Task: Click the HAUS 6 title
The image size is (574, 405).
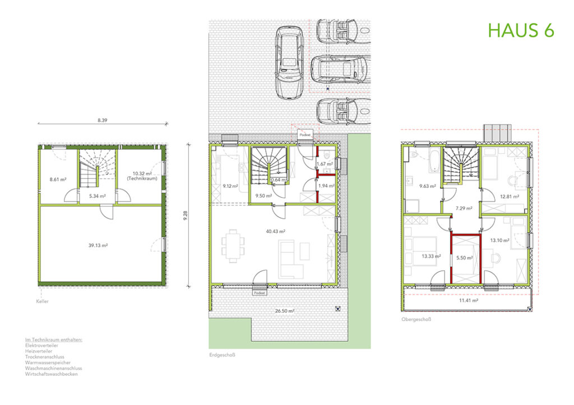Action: (x=521, y=30)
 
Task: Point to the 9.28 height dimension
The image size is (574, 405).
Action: (x=187, y=215)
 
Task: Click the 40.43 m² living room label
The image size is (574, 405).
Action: (x=276, y=230)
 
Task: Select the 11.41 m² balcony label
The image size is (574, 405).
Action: (x=466, y=300)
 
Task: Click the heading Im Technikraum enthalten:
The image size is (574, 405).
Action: (x=54, y=340)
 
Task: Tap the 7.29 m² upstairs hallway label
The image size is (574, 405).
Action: (x=464, y=208)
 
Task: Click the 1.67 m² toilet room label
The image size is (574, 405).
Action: (x=325, y=164)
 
